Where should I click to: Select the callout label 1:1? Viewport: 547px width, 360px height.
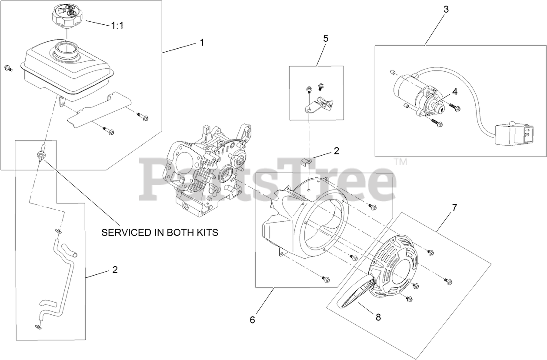[x=117, y=26]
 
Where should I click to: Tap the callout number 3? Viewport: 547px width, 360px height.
[x=446, y=9]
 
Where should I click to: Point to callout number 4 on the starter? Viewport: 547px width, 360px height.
[x=455, y=92]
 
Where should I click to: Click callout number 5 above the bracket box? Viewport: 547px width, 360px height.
[x=325, y=38]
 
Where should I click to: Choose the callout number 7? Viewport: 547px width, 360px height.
[x=454, y=208]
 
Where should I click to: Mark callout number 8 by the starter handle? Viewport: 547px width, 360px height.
[x=378, y=317]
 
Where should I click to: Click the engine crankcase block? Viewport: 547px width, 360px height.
[x=204, y=170]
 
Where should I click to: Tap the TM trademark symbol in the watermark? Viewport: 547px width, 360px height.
[x=400, y=162]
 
